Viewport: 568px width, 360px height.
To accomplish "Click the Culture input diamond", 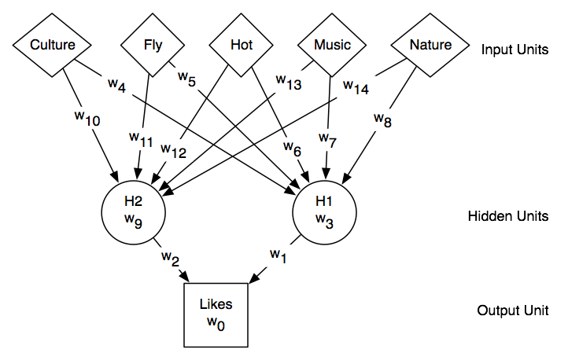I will point(52,46).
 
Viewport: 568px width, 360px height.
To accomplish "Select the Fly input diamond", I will point(153,46).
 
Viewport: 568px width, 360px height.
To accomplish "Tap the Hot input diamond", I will point(242,46).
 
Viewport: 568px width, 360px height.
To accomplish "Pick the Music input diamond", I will point(332,46).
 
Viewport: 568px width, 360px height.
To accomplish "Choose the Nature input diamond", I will point(431,46).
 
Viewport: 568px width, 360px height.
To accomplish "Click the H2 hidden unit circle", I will point(133,208).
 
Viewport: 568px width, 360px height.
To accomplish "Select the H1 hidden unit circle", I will point(324,208).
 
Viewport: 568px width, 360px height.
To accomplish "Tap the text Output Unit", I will point(510,310).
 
